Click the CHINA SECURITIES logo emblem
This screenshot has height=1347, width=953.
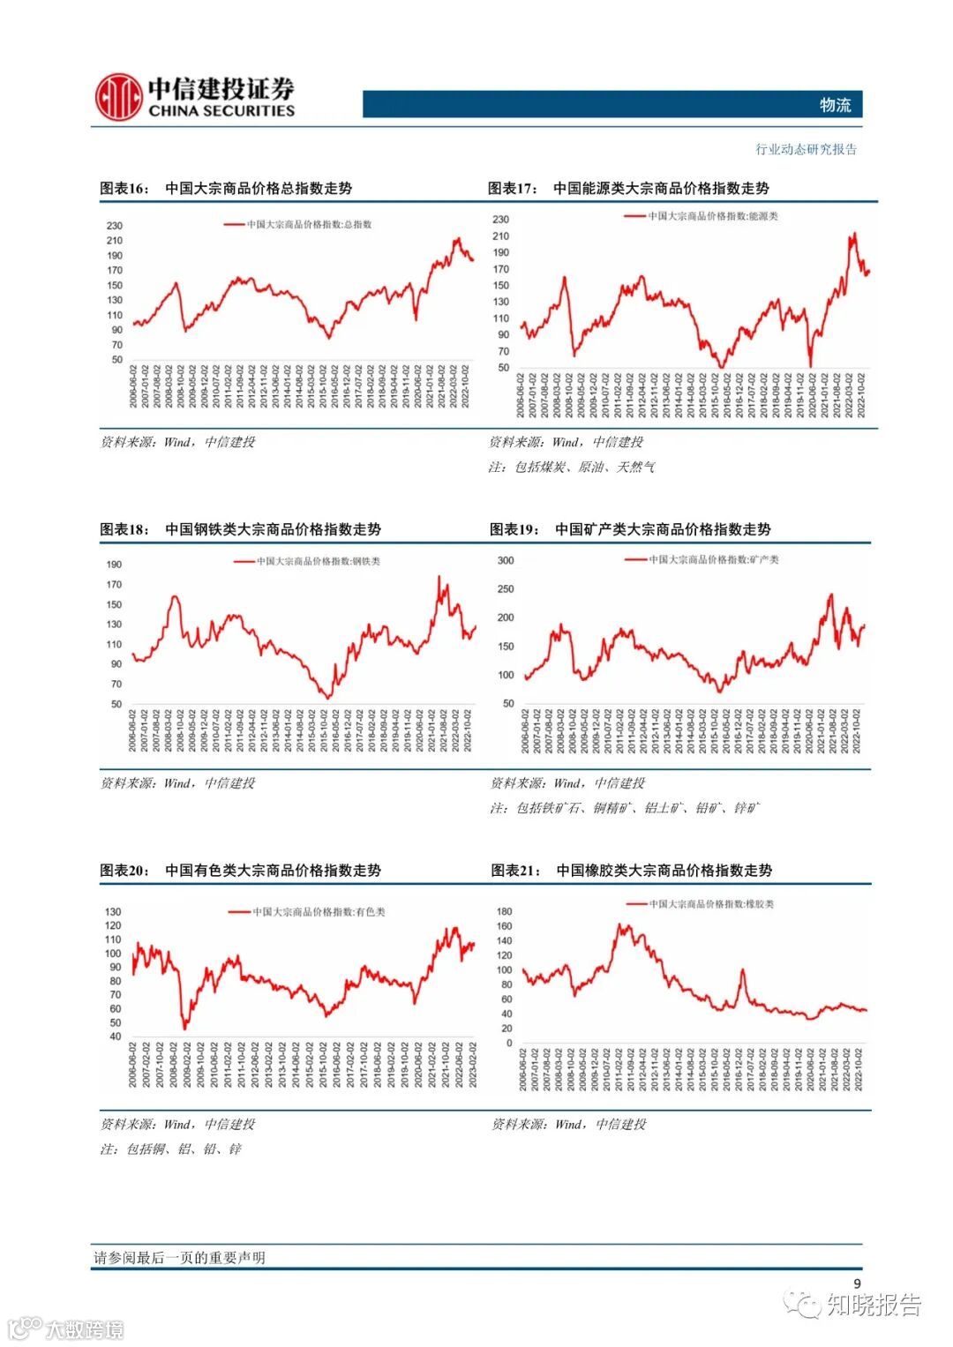tap(119, 97)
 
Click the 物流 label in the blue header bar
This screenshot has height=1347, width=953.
tap(835, 105)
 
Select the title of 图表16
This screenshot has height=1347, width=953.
tap(226, 188)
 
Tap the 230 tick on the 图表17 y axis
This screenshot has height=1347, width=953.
tap(500, 220)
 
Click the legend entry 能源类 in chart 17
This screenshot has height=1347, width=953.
tap(713, 216)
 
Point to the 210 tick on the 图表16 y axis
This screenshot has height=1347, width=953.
tap(115, 241)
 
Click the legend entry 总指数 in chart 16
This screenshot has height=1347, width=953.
tap(309, 225)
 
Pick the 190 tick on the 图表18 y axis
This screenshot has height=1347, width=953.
tap(114, 565)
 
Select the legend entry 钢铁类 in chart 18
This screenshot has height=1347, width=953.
tap(318, 561)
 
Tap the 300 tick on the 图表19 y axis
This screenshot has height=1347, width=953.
tap(506, 561)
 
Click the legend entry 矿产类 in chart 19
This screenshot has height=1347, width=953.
tap(714, 559)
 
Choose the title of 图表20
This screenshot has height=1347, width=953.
tap(240, 871)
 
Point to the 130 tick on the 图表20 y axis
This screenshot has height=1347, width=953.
tap(113, 912)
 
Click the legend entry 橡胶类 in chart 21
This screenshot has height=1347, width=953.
tap(711, 904)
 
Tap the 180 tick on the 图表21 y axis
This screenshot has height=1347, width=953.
tap(504, 912)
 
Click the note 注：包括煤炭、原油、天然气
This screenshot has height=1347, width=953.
tap(572, 468)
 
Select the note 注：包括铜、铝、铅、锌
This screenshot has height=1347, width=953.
tap(170, 1149)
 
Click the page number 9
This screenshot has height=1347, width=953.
tap(856, 1283)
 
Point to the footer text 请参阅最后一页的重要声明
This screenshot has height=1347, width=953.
tap(179, 1258)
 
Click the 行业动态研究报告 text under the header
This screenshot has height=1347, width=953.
tap(806, 150)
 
